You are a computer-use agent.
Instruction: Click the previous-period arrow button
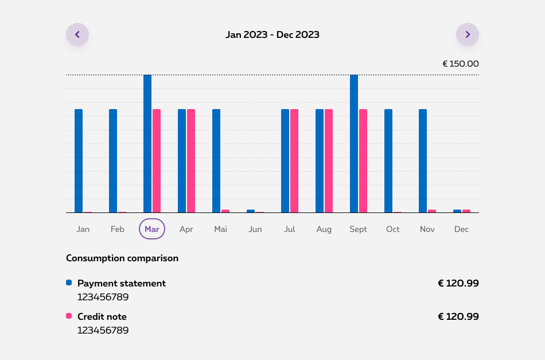click(x=77, y=34)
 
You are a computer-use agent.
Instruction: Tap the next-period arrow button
click(x=468, y=34)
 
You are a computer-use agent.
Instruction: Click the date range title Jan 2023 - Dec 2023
click(x=272, y=34)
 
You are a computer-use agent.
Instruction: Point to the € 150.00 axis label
click(x=460, y=64)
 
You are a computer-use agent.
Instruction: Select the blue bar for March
click(x=147, y=144)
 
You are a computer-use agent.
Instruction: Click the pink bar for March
click(x=157, y=161)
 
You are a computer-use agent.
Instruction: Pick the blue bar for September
click(x=354, y=144)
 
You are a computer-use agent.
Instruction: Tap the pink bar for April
click(x=191, y=161)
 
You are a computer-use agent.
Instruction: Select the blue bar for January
click(x=79, y=161)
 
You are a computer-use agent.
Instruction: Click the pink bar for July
click(x=294, y=161)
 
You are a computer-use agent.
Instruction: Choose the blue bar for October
click(x=388, y=161)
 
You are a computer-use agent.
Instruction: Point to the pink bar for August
click(x=329, y=161)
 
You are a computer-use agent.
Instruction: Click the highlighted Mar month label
click(x=152, y=229)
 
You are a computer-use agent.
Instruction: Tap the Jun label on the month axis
click(x=255, y=229)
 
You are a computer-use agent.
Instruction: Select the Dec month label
click(x=461, y=229)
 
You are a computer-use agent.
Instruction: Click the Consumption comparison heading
click(x=122, y=258)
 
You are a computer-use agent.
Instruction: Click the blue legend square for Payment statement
click(x=69, y=282)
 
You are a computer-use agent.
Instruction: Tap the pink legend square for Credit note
click(x=69, y=316)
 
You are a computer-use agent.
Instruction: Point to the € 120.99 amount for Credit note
click(x=458, y=316)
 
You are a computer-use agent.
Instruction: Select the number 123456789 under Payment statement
click(x=103, y=297)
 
